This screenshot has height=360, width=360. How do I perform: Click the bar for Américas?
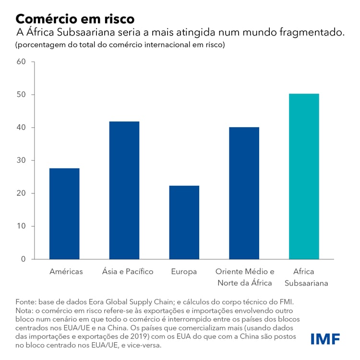point(64,214)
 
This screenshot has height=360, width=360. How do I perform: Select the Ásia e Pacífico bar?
point(124,190)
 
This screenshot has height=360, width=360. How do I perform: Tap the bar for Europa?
point(184,222)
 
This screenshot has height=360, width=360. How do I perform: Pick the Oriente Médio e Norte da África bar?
point(244,193)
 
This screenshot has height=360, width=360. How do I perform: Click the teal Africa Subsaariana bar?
point(304,176)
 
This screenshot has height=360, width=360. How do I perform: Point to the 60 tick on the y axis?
point(21,62)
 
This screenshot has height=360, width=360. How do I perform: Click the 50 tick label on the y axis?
point(21,95)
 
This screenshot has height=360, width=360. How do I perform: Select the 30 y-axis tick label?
point(21,160)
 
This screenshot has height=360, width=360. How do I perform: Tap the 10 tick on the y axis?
point(21,226)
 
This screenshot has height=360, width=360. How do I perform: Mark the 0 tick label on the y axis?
point(23,259)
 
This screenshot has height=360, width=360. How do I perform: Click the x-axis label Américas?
point(66,272)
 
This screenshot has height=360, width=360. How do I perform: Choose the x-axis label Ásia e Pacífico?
point(128,272)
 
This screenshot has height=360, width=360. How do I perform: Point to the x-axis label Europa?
point(184,272)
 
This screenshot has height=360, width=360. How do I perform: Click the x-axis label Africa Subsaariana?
point(304,277)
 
